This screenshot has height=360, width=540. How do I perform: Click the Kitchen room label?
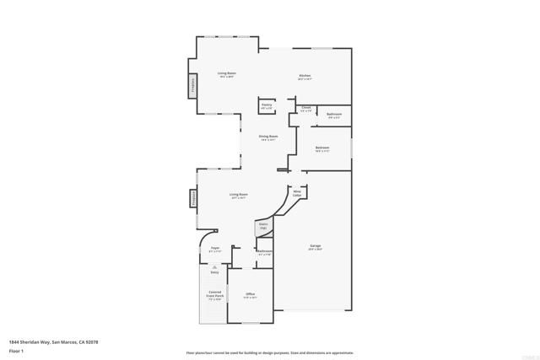tap(305, 77)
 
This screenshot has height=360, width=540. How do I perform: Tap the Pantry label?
tap(267, 105)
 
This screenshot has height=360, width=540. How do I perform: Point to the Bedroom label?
tap(322, 148)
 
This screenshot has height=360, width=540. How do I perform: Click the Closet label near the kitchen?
tap(305, 108)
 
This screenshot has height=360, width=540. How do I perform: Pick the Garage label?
tap(315, 247)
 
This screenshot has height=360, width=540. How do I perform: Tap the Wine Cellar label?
tap(297, 193)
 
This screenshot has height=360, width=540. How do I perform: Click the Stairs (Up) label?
tap(262, 226)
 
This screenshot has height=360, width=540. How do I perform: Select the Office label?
tap(251, 295)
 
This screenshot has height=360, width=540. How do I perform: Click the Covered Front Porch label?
tap(215, 295)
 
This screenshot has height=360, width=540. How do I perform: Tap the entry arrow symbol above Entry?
tap(214, 266)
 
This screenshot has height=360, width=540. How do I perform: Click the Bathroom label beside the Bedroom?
tap(334, 115)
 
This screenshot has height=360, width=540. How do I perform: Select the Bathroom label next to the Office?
tap(265, 252)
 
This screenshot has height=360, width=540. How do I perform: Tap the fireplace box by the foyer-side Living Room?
tap(193, 200)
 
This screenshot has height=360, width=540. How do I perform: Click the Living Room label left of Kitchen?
tap(226, 74)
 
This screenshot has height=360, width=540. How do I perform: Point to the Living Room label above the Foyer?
tap(239, 196)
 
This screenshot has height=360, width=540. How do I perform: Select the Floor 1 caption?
tap(16, 350)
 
